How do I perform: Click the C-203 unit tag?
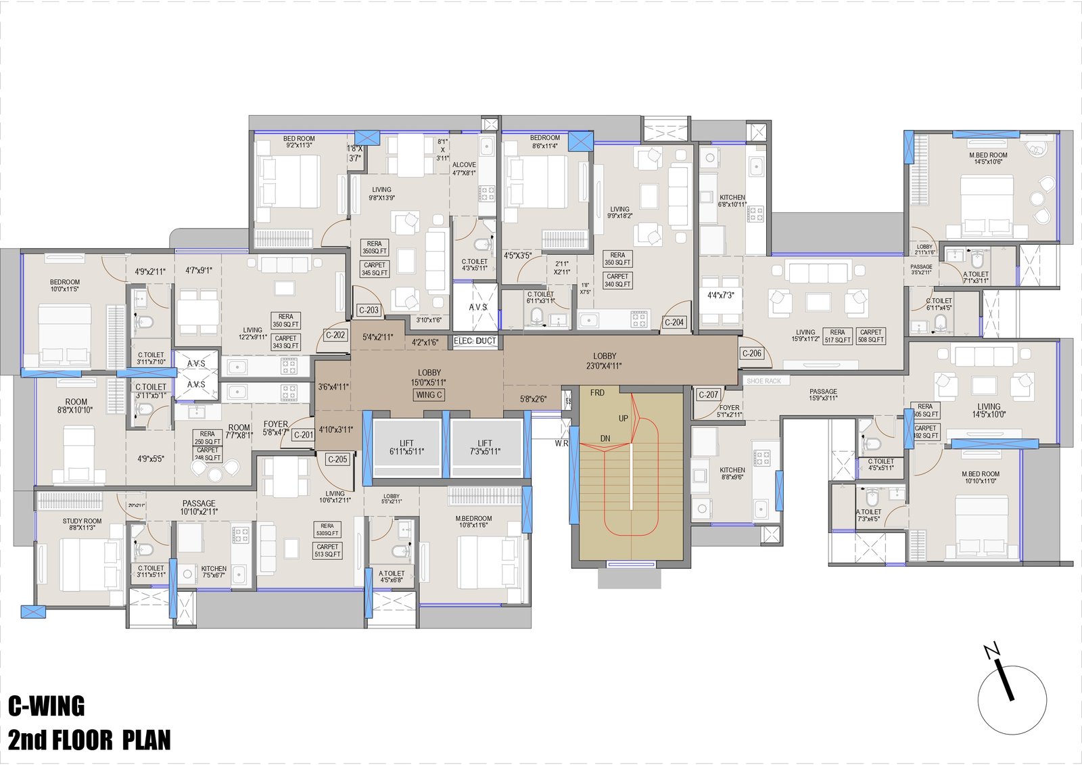pos(369,310)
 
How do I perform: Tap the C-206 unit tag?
pos(751,353)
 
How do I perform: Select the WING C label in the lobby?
pos(429,395)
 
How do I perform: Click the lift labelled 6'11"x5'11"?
pos(406,448)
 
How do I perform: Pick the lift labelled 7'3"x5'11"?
pos(485,448)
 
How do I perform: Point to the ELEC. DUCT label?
pos(475,341)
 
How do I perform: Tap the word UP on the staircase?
pos(624,418)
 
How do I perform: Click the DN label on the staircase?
pos(605,438)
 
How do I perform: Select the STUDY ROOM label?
pos(82,524)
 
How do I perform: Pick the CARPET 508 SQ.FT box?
pos(871,336)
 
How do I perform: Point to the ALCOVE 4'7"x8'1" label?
pos(464,168)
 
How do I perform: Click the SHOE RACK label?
pos(764,381)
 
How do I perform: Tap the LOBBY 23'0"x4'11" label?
pos(605,361)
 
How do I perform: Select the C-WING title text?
pos(47,706)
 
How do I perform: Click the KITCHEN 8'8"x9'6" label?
pos(732,473)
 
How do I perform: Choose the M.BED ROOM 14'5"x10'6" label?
pos(988,158)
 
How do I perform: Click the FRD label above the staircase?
pos(597,392)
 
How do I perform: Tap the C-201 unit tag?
pos(304,435)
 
